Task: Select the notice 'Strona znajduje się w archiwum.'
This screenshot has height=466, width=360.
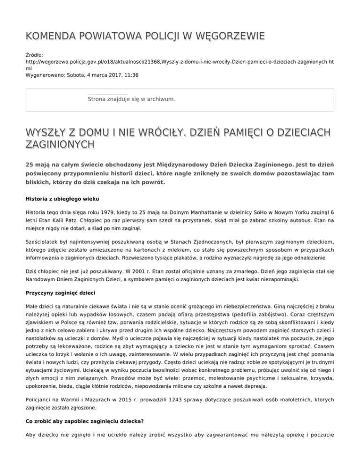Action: pyautogui.click(x=132, y=99)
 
